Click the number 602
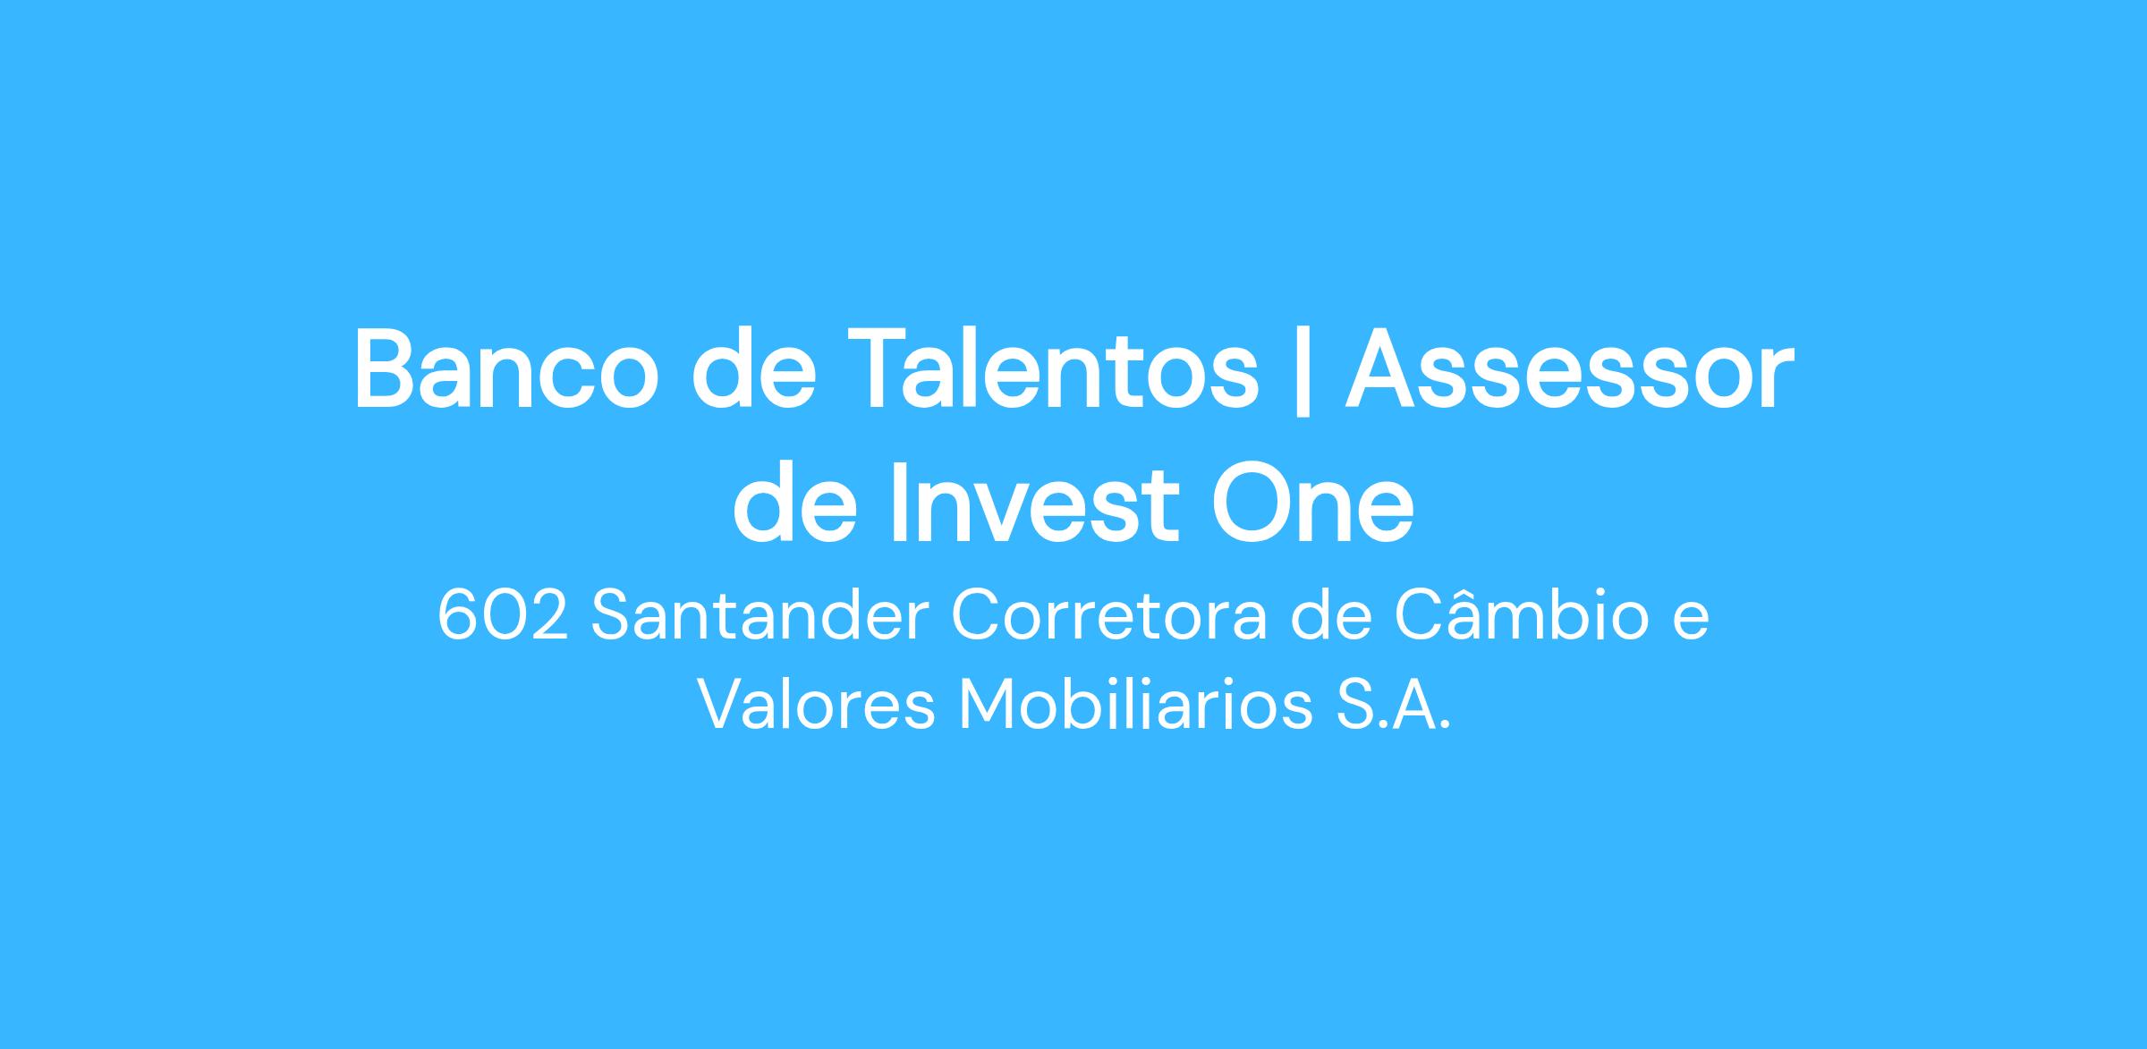click(x=503, y=616)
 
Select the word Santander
click(x=760, y=616)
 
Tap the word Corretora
click(x=1109, y=616)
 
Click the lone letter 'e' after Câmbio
click(x=1691, y=623)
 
